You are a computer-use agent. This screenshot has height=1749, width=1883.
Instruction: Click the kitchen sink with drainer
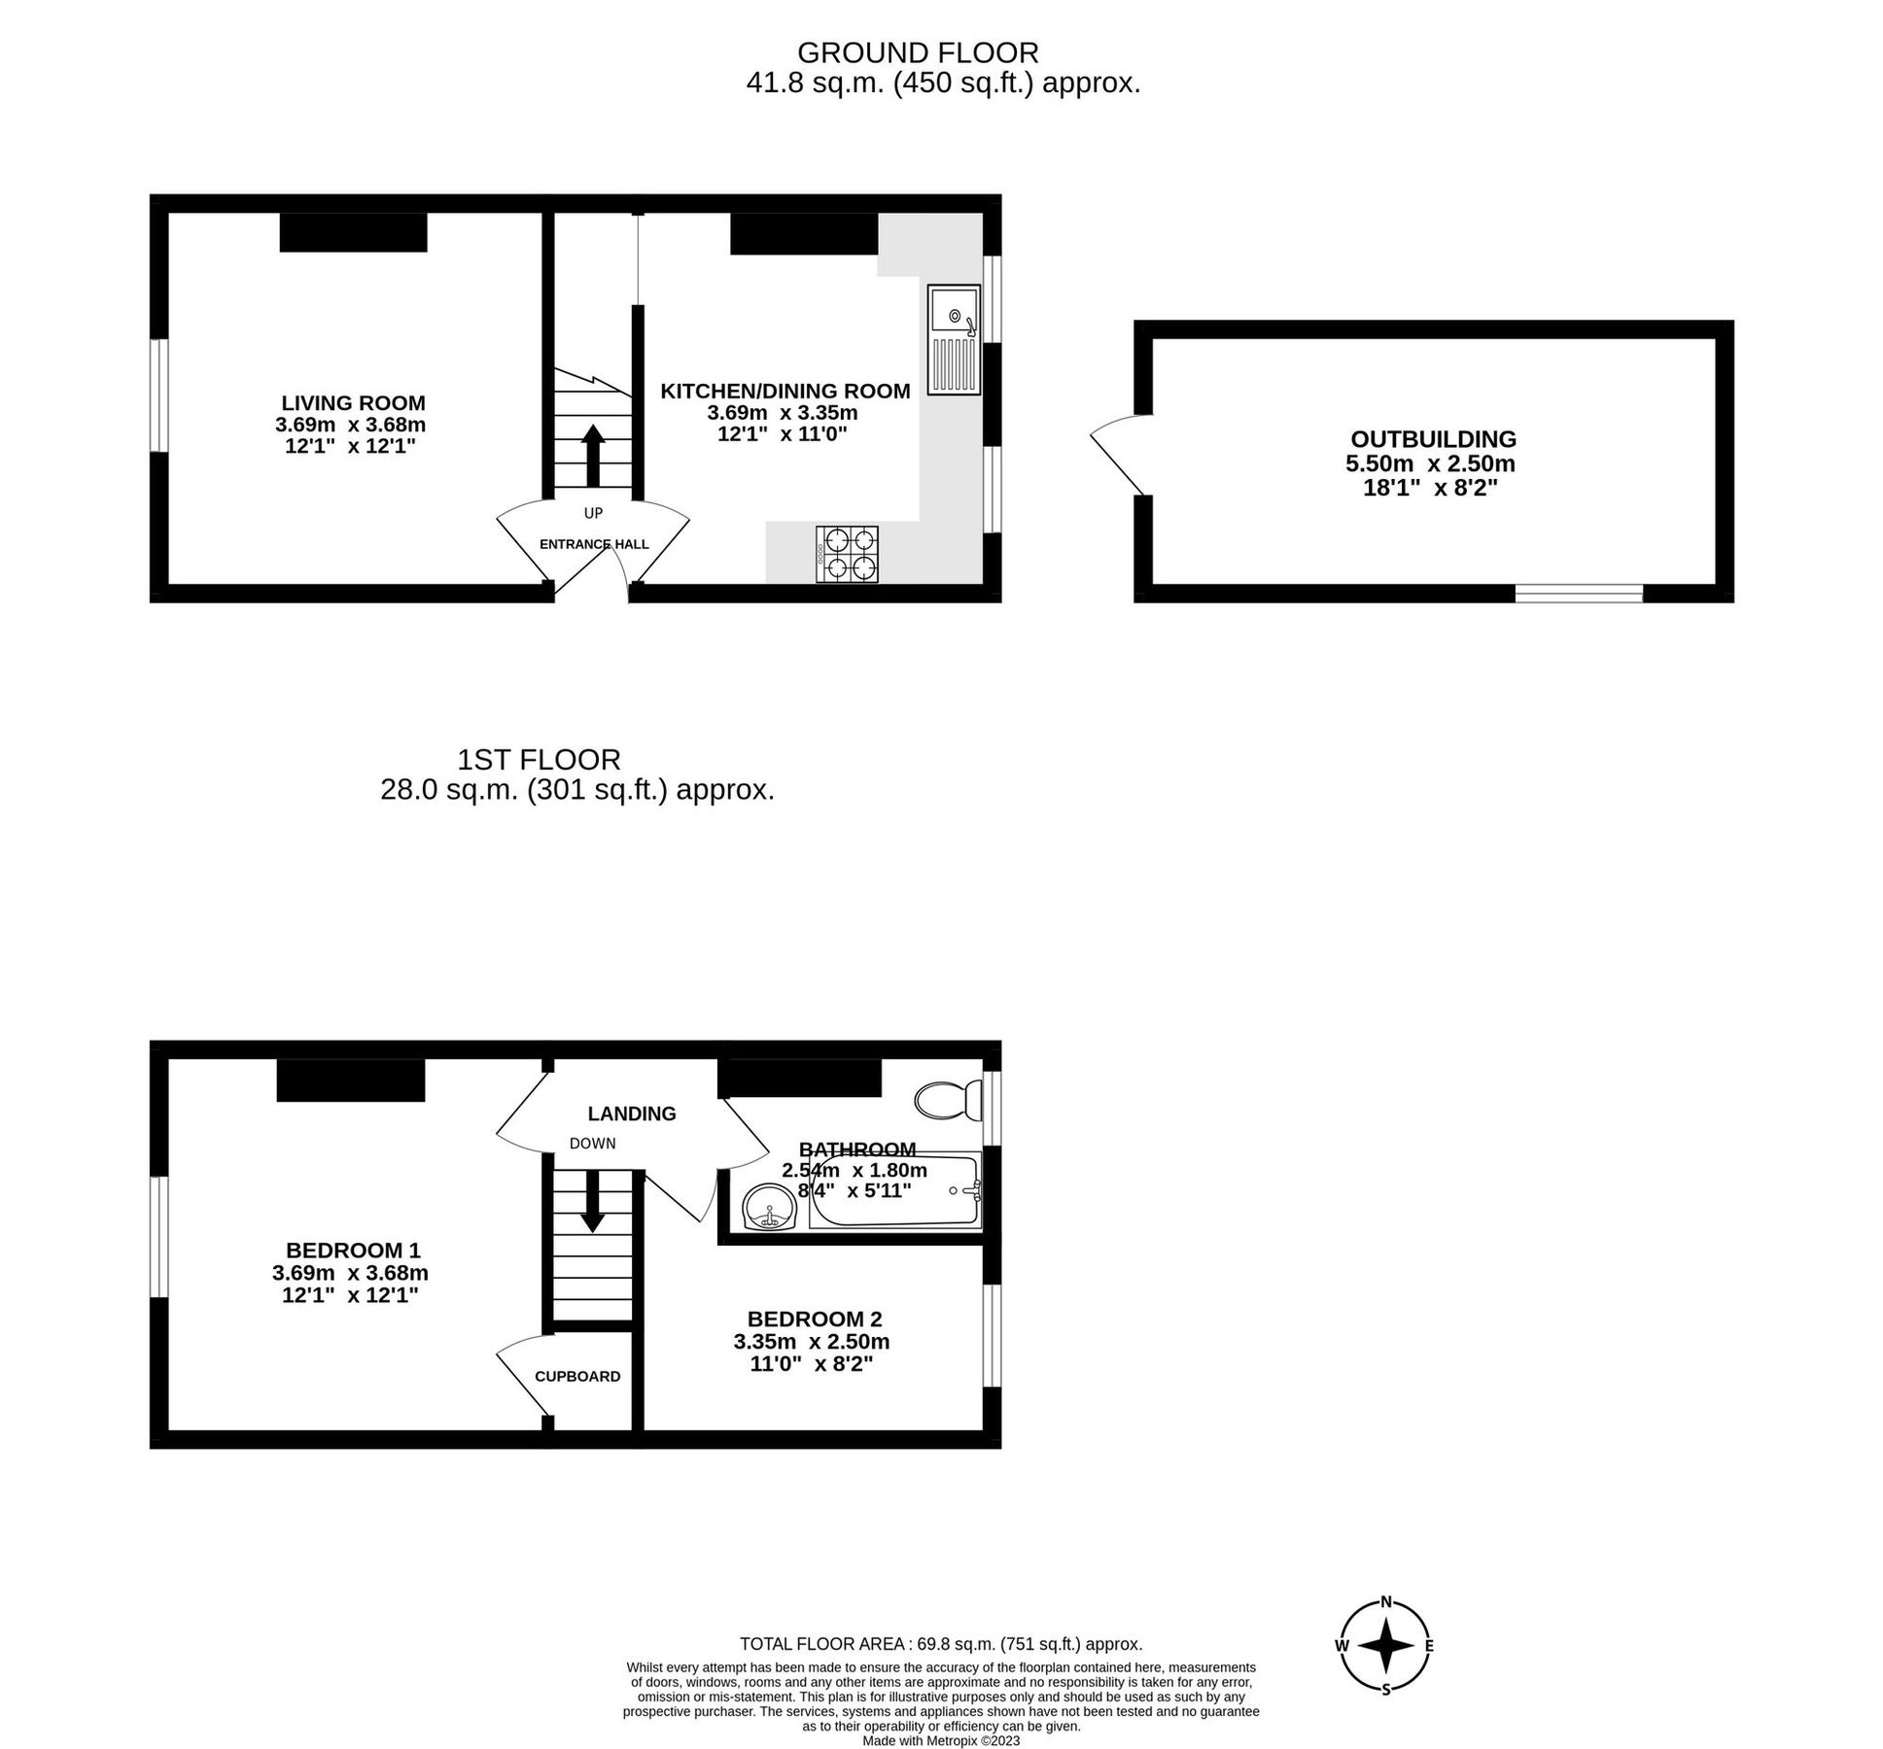click(x=953, y=339)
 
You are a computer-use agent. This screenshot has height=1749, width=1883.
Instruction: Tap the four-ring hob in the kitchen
click(x=847, y=554)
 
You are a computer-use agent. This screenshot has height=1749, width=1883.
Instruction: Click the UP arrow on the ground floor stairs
click(x=592, y=455)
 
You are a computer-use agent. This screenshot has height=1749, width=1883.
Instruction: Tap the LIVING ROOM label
click(x=353, y=402)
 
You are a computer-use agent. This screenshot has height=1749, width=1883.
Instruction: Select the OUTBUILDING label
click(x=1433, y=438)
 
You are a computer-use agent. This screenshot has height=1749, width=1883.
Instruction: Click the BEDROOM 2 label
click(x=814, y=1319)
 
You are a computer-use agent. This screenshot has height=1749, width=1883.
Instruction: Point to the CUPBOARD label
click(x=577, y=1376)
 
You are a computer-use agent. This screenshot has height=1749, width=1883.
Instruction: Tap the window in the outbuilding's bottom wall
click(x=1578, y=593)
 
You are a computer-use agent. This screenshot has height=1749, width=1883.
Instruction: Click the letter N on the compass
click(x=1387, y=1602)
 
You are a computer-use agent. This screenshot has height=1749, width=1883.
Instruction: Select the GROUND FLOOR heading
click(x=917, y=51)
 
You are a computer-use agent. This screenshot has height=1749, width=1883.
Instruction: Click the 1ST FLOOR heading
click(x=539, y=759)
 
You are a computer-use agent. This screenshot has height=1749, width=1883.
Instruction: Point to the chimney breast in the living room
click(x=353, y=232)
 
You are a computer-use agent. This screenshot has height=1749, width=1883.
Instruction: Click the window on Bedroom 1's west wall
click(x=158, y=1236)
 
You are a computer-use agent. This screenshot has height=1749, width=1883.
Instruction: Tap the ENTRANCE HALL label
click(x=593, y=544)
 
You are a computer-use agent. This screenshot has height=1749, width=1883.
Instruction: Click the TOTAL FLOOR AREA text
click(x=940, y=1644)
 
